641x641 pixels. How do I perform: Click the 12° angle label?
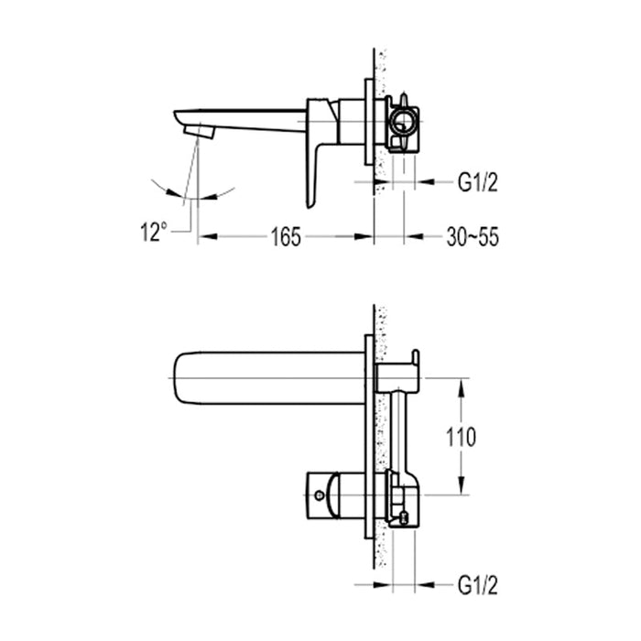(x=154, y=234)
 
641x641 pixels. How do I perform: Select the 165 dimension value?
(x=287, y=237)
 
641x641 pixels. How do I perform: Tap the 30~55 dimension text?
(x=473, y=237)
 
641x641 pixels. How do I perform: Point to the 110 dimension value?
(x=460, y=437)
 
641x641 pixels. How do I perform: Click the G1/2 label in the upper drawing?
(x=478, y=182)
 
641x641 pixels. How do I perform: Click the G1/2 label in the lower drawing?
(x=478, y=582)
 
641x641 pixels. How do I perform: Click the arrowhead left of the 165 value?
(x=207, y=237)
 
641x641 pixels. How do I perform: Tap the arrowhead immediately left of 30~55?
(x=413, y=237)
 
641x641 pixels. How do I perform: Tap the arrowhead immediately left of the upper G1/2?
(x=423, y=182)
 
